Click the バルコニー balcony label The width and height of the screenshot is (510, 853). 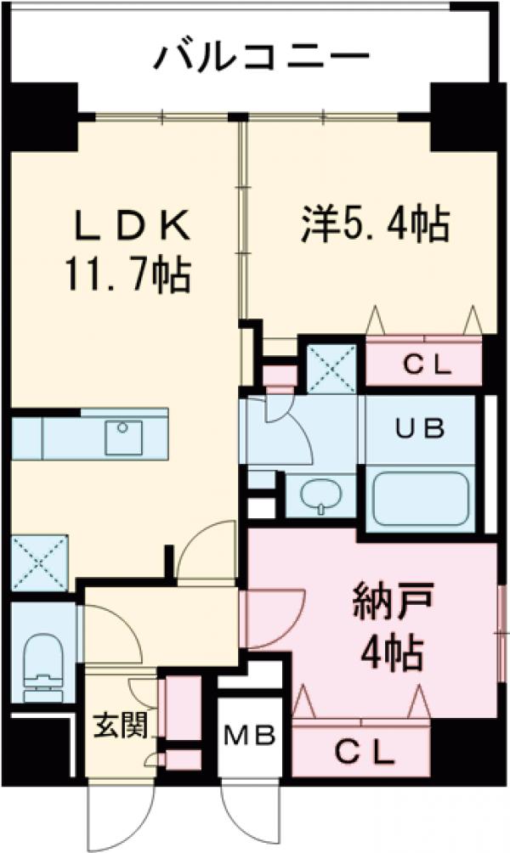coord(262,57)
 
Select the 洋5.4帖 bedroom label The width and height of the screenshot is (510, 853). coord(373,224)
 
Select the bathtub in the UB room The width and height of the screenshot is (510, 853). coord(422,498)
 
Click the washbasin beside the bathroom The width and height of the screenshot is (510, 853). coord(320,496)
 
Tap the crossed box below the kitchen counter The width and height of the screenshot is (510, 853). coord(39,562)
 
